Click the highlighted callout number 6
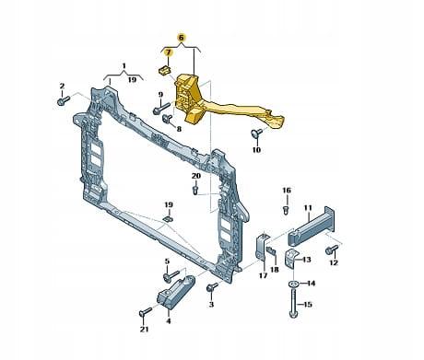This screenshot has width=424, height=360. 181,38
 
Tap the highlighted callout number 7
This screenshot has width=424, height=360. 168,52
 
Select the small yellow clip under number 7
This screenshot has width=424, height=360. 164,70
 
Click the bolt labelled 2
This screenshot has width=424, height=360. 64,100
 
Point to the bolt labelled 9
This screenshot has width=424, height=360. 161,109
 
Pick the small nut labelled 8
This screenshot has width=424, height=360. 168,118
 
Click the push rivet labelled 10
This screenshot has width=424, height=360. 256,133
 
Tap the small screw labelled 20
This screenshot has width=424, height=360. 195,189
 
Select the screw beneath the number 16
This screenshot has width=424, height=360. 286,210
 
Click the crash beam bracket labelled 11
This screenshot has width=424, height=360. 311,227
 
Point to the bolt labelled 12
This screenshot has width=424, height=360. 332,250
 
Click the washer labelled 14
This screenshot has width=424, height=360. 294,284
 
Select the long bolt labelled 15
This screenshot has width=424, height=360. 293,304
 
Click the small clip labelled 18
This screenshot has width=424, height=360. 271,250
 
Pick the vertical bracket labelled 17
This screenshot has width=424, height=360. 262,248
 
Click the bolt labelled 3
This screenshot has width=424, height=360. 212,287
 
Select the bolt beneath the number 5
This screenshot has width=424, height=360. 171,276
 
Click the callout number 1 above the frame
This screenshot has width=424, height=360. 124,65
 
